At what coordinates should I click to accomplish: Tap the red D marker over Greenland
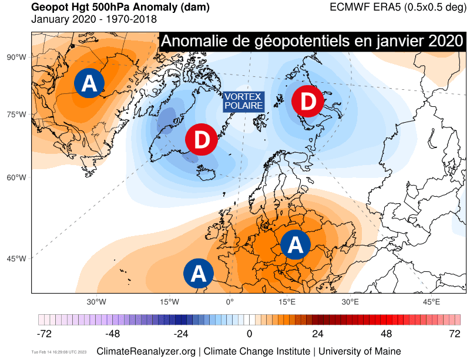[202, 140]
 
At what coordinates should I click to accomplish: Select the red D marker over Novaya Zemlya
[307, 102]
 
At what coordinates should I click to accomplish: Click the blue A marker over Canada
[89, 83]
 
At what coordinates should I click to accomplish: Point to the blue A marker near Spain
[199, 273]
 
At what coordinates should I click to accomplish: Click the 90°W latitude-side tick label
[17, 57]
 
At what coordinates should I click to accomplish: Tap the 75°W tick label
[17, 115]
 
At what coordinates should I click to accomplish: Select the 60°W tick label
[17, 177]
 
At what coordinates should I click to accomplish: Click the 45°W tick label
[17, 258]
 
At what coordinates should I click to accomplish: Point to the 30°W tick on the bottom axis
[96, 302]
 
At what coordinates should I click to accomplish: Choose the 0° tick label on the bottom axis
[230, 302]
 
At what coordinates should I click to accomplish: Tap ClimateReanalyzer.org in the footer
[150, 351]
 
